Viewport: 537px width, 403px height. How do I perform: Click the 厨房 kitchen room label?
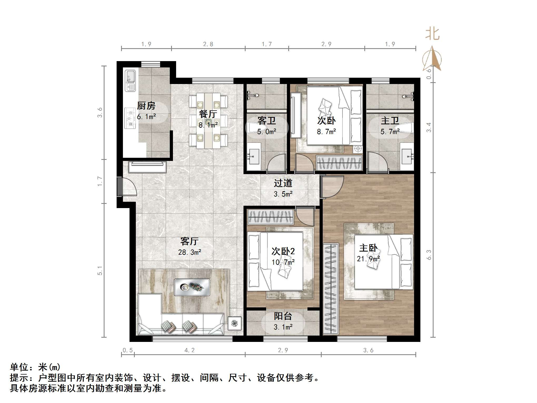point(146,106)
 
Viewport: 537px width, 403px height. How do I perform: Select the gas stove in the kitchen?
point(130,118)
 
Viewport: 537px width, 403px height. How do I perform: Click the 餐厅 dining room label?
point(208,114)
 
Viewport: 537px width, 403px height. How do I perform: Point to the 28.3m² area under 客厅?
point(190,252)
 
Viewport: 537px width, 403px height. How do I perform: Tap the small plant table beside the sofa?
point(234,323)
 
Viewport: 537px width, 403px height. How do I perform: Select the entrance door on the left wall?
point(126,187)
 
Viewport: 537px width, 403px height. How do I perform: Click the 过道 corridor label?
point(283,183)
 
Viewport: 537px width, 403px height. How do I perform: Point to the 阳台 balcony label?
point(283,316)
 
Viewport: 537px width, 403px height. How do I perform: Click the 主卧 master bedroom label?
point(368,248)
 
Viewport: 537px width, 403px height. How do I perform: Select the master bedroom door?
point(332,187)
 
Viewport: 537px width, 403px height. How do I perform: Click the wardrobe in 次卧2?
point(271,217)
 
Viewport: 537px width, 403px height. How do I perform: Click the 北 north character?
point(432,34)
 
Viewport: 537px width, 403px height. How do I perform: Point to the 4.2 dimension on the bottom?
point(190,350)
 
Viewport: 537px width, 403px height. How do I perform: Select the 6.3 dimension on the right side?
point(429,255)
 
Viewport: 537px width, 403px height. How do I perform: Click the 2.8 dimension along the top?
point(208,44)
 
